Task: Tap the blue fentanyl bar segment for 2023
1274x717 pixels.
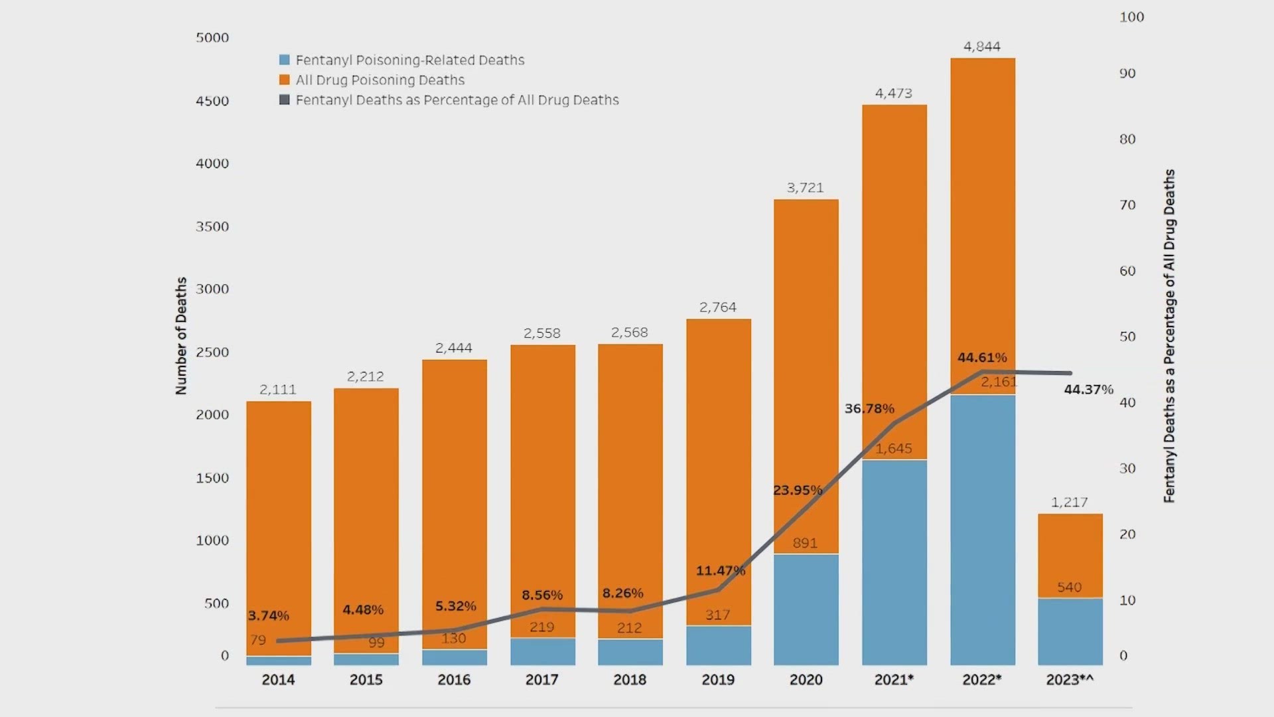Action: pos(1070,631)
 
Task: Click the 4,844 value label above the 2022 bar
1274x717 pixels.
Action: pos(981,46)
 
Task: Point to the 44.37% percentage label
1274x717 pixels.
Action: pos(1088,390)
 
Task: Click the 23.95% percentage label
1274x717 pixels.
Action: pos(797,491)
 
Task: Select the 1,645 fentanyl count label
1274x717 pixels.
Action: pos(893,449)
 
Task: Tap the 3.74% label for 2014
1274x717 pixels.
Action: pos(268,616)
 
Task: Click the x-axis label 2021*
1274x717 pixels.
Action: pos(893,680)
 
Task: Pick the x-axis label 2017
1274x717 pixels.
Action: pos(541,680)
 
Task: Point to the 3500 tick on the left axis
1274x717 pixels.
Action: pos(212,226)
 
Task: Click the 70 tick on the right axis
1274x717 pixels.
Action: pos(1127,205)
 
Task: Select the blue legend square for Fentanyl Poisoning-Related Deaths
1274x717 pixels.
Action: pos(285,60)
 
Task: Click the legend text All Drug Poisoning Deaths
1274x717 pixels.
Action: pos(380,80)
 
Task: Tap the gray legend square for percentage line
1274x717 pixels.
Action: pos(285,100)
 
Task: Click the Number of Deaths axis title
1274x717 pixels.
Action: pos(181,336)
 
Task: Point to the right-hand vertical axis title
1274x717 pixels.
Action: pos(1169,336)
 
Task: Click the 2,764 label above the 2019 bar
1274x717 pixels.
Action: pos(717,307)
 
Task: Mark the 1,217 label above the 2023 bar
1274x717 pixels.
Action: pos(1069,503)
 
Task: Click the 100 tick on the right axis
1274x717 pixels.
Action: pos(1131,17)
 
